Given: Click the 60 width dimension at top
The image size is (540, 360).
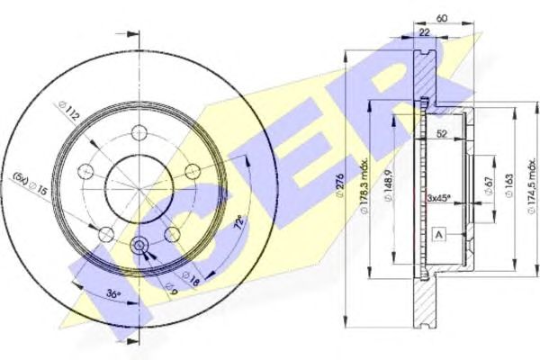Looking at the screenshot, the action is tap(441, 17).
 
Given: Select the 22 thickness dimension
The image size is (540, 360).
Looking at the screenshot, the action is tap(425, 31).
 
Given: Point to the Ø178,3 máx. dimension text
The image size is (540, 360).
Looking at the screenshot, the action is tap(364, 186).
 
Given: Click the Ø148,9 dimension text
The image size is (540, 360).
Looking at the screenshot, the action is tap(389, 186).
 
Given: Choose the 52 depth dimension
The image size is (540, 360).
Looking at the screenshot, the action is tap(442, 133).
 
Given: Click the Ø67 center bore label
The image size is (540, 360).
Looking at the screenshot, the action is tap(490, 187).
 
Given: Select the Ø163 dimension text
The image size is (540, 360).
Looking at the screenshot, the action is tap(509, 185).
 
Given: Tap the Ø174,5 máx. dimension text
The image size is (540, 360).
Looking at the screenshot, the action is tap(533, 186).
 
